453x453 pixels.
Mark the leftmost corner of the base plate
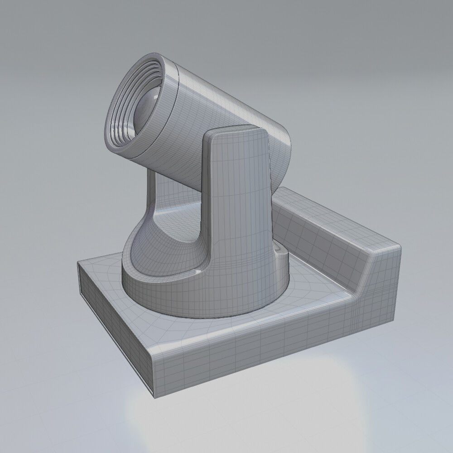coord(78,267)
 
